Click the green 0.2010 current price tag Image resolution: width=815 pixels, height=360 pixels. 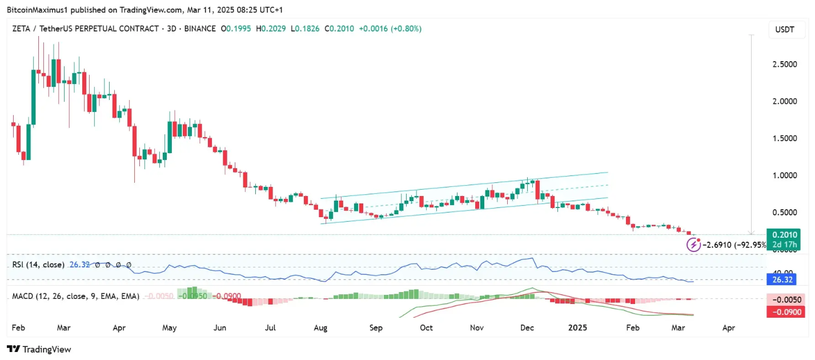784,235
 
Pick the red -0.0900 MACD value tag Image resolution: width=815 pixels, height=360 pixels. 784,311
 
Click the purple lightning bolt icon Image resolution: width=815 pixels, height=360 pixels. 693,245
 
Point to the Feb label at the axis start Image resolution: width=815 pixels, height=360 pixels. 19,328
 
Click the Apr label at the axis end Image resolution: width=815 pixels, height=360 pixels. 728,328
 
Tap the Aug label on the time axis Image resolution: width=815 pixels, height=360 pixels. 320,328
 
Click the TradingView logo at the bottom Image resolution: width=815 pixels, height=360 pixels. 39,349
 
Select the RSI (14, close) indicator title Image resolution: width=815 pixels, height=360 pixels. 38,265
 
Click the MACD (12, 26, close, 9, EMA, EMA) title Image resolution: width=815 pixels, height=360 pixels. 76,297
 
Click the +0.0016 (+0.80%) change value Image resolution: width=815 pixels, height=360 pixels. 390,29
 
